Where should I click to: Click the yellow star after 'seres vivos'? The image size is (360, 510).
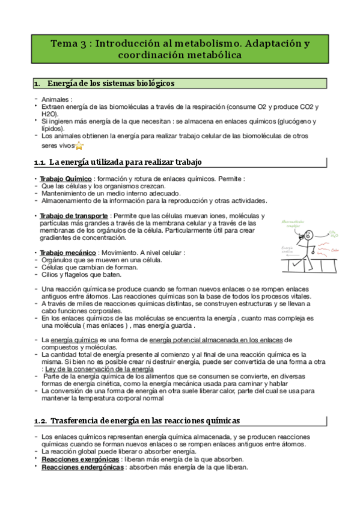pos(79,146)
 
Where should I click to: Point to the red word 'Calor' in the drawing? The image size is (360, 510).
pos(335,251)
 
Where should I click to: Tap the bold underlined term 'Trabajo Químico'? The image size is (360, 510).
pos(66,179)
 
